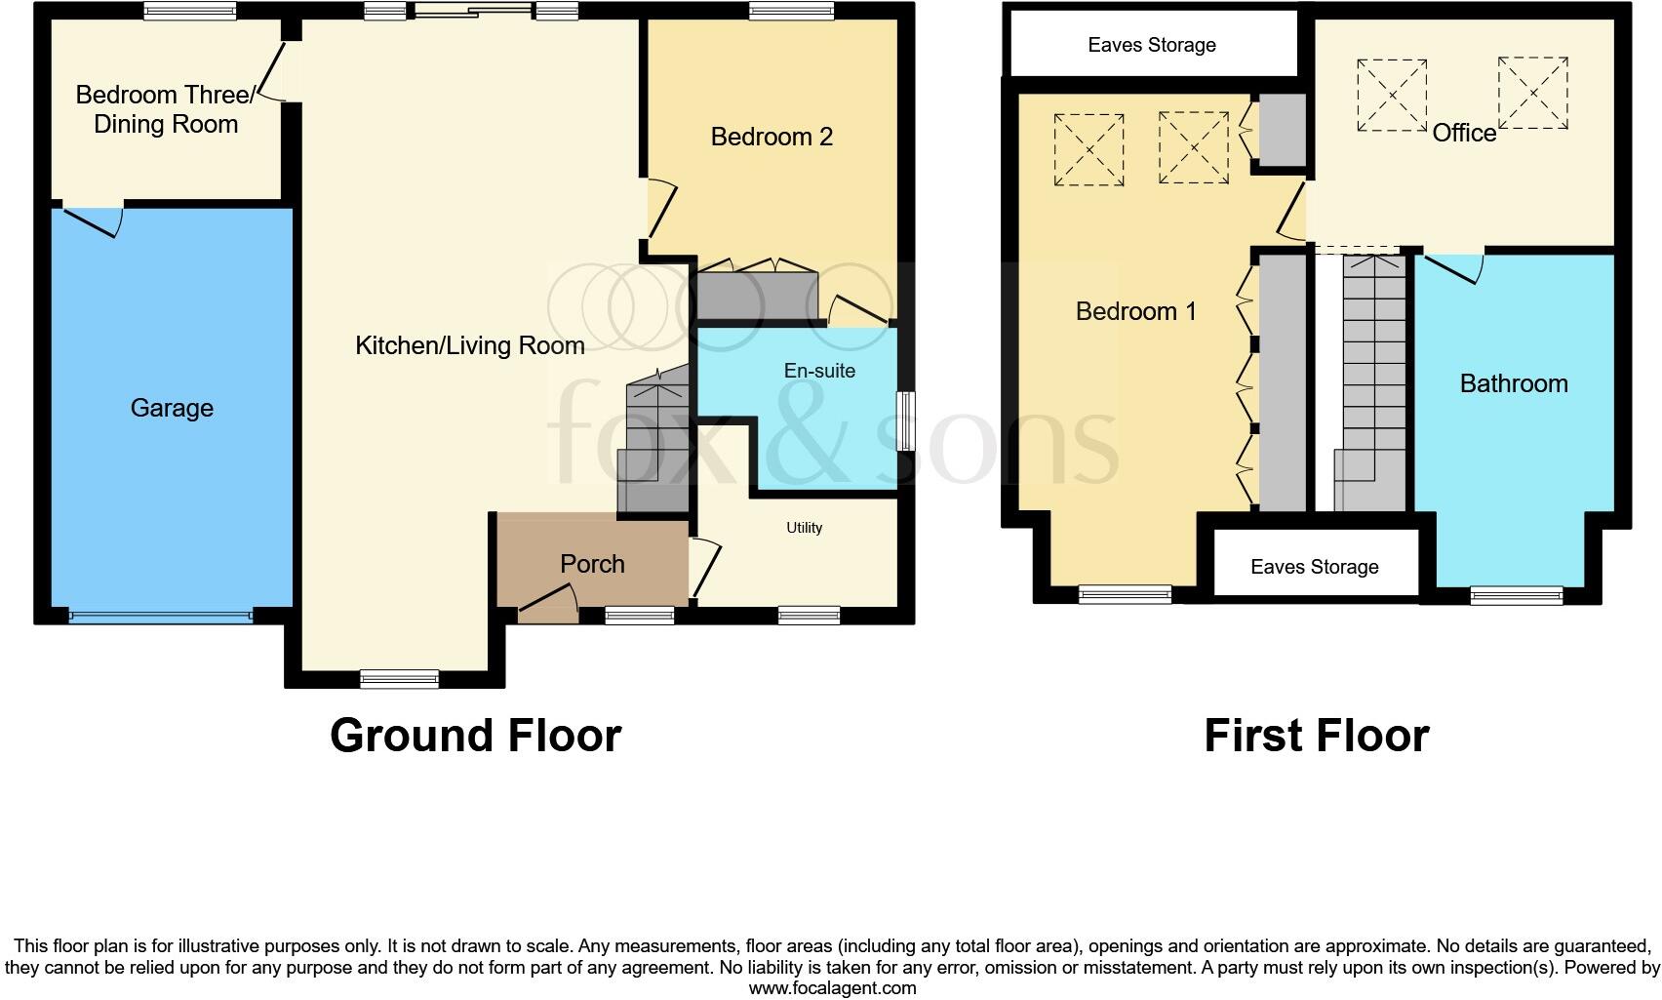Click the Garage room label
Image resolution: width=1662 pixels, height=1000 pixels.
coord(172,408)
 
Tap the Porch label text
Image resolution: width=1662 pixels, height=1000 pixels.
coord(592,564)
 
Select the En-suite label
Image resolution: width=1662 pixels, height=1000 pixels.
coord(819,371)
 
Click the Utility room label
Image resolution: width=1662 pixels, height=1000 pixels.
coord(805,528)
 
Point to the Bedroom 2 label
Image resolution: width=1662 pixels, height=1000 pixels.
coord(772,137)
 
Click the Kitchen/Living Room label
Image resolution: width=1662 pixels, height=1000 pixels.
coord(469,345)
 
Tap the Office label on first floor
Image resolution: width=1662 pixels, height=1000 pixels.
coord(1463,133)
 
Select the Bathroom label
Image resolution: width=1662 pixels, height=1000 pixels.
coord(1514,383)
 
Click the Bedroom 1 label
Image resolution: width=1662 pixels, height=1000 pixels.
coord(1135,311)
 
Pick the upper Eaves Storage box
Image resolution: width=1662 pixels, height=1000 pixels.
coord(1152,45)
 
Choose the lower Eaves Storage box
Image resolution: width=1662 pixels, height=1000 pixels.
coord(1314,567)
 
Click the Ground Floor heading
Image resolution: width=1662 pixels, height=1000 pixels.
coord(475,736)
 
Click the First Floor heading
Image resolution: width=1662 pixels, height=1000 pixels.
coord(1316,736)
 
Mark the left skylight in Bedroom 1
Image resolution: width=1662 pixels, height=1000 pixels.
coord(1088,149)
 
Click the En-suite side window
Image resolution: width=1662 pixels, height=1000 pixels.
coord(906,420)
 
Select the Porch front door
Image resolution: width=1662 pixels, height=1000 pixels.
coord(548,604)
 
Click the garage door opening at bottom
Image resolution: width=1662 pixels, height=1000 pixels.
coord(161,616)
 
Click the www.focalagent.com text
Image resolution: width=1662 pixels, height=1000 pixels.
coord(832,988)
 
